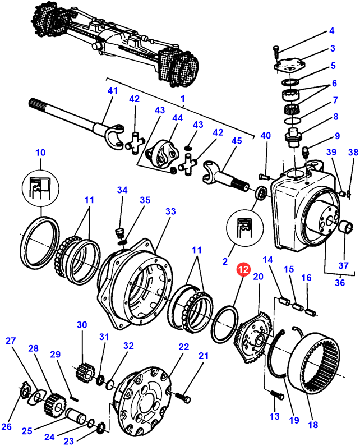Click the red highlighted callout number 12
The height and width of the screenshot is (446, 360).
point(243,270)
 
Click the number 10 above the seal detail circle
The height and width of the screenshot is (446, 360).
point(40,153)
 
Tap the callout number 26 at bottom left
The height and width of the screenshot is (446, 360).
point(7,427)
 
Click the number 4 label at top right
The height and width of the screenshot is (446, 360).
point(331,30)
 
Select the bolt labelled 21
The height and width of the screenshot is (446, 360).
point(183,396)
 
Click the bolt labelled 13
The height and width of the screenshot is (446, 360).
point(275,396)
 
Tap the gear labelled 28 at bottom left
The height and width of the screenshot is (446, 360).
point(55,402)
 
